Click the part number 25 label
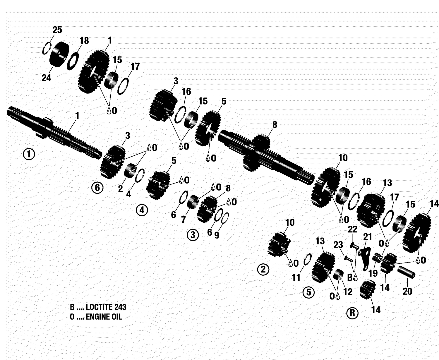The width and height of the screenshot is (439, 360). point(57,30)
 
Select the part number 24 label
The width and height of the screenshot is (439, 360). point(46,78)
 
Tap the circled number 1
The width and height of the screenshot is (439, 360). point(29,154)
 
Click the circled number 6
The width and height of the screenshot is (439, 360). point(97,188)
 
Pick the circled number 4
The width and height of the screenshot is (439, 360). point(142,210)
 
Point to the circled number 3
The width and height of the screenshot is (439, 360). point(193,234)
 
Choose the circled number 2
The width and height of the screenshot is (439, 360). point(263,269)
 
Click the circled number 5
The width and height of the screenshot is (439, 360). point(309,292)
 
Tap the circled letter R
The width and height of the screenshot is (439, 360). point(352,313)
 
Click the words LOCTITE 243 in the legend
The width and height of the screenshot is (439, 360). point(106,307)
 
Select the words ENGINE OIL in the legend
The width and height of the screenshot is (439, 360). point(104,317)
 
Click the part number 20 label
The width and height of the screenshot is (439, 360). point(407,291)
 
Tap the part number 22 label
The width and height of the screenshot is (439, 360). point(352,229)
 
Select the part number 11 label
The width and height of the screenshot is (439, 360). point(296,277)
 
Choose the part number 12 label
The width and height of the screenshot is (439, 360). point(348,292)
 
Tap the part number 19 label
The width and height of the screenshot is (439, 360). point(373,273)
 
